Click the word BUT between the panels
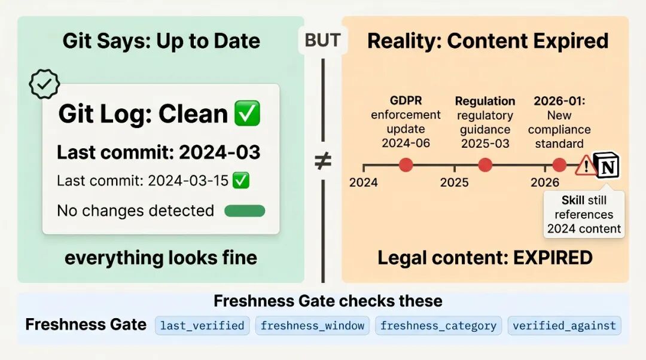[x=322, y=41]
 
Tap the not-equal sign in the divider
[x=322, y=161]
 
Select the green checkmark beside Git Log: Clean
[x=247, y=113]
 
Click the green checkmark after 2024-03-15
[x=241, y=181]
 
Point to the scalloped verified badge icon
[x=44, y=84]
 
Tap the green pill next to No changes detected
[x=245, y=211]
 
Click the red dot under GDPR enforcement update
[x=406, y=165]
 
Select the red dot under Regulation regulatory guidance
[x=485, y=165]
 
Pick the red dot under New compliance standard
[x=559, y=165]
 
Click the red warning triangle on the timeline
[x=585, y=166]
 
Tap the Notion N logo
[x=607, y=165]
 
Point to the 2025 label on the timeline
[x=454, y=182]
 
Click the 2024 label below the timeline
[x=364, y=182]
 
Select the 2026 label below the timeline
[x=545, y=182]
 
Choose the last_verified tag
[x=202, y=326]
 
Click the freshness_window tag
[x=312, y=326]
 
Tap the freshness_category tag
[x=438, y=326]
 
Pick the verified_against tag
[x=565, y=326]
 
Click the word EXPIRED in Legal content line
[x=553, y=258]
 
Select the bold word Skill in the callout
[x=572, y=200]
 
